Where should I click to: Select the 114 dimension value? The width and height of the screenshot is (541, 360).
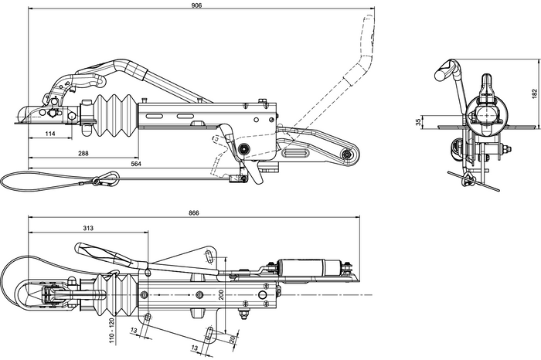[50, 134]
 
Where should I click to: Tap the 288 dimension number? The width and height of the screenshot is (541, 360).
[83, 153]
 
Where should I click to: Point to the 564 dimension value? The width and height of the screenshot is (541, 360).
[136, 164]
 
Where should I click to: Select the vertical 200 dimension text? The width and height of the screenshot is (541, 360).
[221, 294]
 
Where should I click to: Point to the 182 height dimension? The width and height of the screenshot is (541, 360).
[533, 93]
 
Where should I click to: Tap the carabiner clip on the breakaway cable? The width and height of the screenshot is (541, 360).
[105, 182]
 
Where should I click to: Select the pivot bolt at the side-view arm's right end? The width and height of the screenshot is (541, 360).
[347, 155]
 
